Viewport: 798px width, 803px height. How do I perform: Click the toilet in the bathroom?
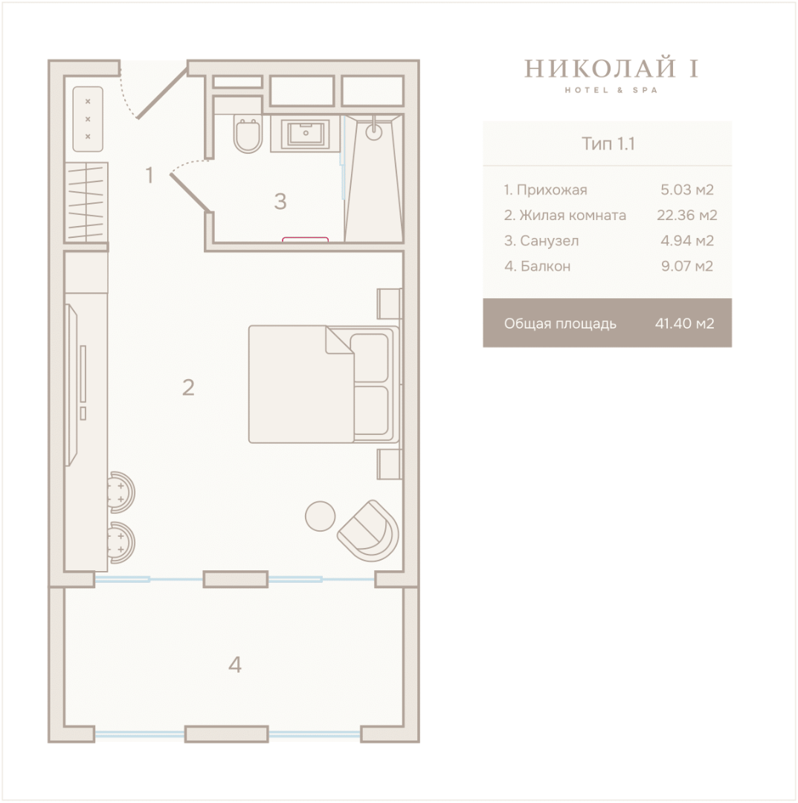point(248,134)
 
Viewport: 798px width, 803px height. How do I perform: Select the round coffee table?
point(320,516)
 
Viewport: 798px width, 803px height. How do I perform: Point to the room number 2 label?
point(188,387)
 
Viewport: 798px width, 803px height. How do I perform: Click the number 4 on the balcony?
point(234,664)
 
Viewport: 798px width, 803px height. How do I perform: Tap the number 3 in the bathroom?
point(280,201)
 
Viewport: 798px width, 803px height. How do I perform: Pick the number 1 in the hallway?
point(149,175)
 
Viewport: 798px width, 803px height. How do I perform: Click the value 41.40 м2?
point(684,323)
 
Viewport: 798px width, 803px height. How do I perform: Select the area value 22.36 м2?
point(687,215)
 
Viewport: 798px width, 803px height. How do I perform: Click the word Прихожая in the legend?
point(552,190)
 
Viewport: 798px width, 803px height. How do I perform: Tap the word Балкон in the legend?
point(545,266)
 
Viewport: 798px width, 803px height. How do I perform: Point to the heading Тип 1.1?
point(608,144)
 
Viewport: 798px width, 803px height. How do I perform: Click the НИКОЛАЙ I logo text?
point(611,68)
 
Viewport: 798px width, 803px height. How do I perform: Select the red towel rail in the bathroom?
point(305,239)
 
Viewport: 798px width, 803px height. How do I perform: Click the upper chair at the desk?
point(121,492)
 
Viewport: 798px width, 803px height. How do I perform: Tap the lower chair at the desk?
point(121,543)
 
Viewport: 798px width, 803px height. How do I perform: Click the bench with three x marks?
point(88,119)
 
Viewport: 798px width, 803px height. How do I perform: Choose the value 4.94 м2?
point(687,241)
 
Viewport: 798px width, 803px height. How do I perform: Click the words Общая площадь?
point(560,323)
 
